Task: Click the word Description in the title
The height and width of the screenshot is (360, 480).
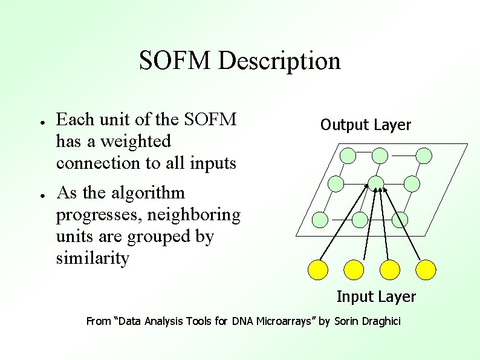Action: tap(279, 61)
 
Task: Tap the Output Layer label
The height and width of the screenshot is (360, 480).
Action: tap(365, 125)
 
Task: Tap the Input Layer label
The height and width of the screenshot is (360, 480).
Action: tap(376, 296)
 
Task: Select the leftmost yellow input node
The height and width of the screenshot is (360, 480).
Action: tap(318, 270)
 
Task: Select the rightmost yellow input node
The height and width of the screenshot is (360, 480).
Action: tap(426, 270)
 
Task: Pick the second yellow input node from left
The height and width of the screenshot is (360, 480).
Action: tap(354, 270)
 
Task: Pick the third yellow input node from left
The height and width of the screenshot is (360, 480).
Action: tap(390, 270)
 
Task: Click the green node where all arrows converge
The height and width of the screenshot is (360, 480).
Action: tap(376, 182)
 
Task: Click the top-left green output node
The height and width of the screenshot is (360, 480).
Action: tap(348, 156)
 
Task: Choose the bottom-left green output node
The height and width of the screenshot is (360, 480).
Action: tap(321, 219)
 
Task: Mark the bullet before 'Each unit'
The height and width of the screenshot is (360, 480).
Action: tap(37, 121)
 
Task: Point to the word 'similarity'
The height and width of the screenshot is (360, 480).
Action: tap(92, 259)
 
